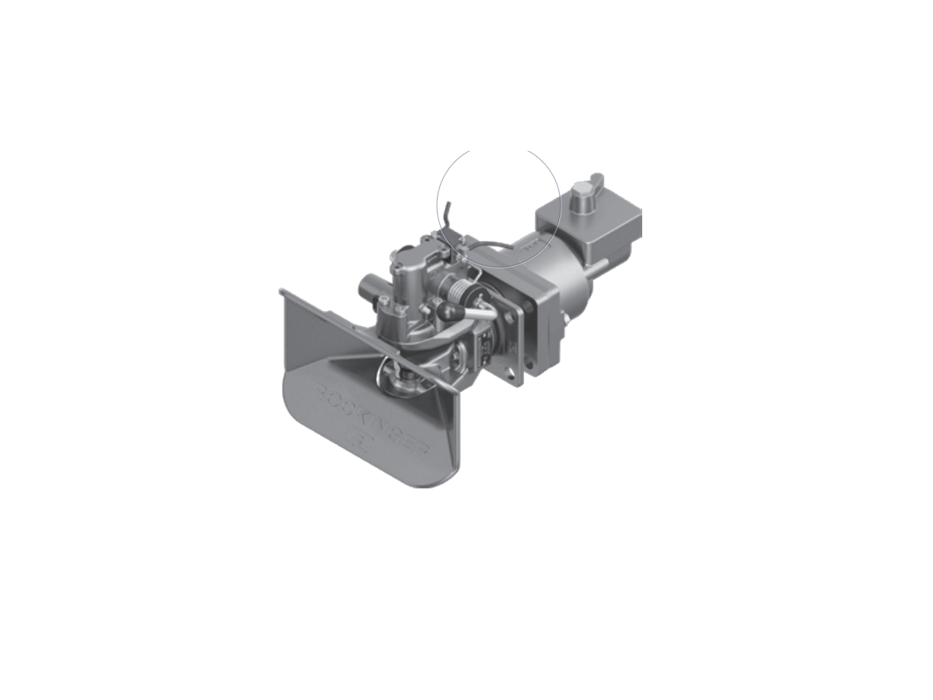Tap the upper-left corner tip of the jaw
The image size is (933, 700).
pos(281,292)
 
